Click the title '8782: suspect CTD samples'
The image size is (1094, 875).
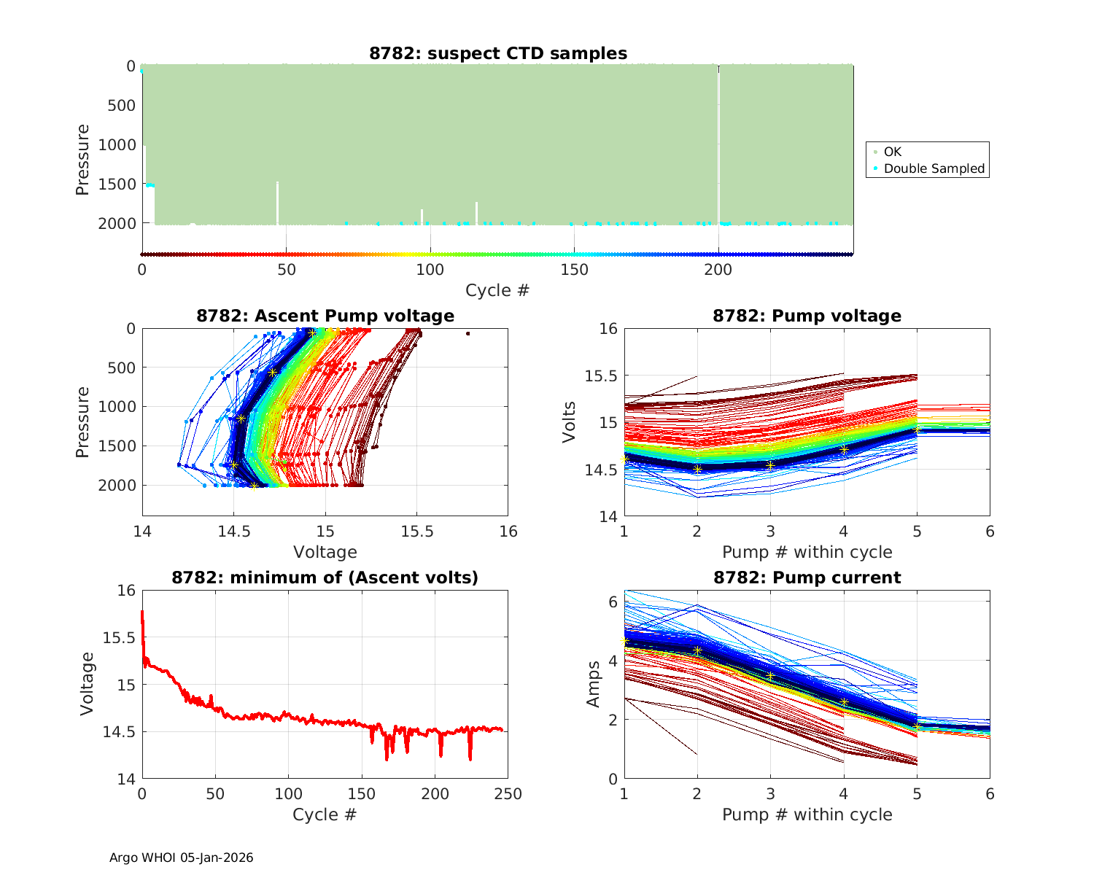497,53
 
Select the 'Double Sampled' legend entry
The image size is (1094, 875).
934,168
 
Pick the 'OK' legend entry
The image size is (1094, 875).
892,152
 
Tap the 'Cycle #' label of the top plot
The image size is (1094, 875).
497,290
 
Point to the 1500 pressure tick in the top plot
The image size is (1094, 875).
117,184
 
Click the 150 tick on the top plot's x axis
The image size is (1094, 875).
574,270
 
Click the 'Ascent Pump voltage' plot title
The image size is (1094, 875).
325,316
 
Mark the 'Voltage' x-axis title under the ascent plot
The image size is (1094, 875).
325,552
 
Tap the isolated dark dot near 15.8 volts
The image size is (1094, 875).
468,334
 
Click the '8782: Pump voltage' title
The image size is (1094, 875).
807,316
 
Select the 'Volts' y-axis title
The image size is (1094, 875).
570,422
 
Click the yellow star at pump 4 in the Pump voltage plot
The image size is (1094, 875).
844,450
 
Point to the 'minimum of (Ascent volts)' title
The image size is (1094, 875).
325,577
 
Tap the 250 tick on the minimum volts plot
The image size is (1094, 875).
508,794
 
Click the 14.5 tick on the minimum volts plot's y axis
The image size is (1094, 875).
118,732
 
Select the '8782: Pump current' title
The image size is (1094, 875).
807,577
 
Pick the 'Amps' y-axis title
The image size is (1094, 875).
594,684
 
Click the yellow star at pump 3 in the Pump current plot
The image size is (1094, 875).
770,677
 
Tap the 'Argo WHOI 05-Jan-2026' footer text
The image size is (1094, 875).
181,857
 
